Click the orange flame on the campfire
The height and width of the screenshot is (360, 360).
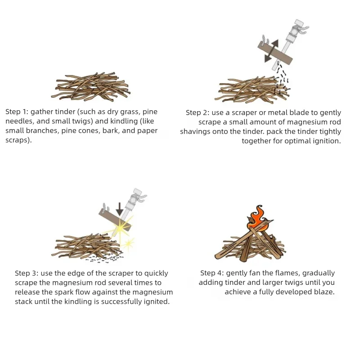[257, 219]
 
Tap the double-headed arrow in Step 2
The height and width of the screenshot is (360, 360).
[272, 51]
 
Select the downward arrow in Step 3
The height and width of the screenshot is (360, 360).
[119, 209]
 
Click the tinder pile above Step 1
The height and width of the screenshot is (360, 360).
[91, 87]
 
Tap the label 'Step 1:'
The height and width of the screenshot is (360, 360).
[17, 112]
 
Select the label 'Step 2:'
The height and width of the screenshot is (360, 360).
[197, 113]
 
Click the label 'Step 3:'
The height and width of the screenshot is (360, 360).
[27, 273]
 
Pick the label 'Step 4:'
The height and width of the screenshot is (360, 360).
[211, 273]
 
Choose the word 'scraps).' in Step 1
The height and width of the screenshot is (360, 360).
[18, 140]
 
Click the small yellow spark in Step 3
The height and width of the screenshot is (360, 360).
[128, 244]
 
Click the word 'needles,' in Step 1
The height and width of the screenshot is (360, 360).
[19, 121]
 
